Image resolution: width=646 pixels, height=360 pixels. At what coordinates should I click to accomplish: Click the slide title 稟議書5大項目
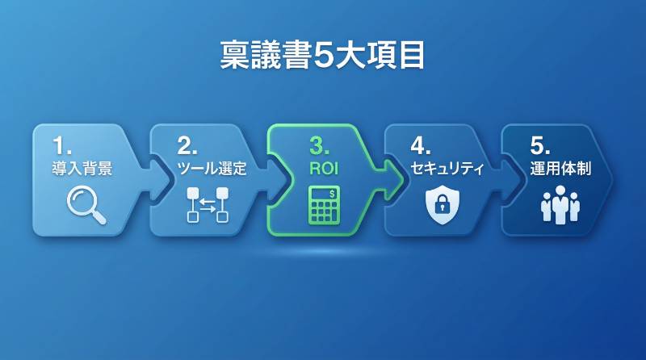323,56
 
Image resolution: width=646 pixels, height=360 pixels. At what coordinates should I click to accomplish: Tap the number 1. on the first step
62,145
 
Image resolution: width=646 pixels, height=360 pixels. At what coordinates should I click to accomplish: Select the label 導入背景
82,170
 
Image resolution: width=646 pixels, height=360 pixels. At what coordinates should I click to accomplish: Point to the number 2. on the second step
187,145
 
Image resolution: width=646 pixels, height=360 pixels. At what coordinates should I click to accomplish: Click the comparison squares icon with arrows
208,204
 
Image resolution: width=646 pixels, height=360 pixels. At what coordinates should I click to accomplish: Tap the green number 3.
321,145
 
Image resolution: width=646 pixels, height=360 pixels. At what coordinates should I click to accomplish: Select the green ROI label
323,170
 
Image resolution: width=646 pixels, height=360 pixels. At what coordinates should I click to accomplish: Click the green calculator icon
324,205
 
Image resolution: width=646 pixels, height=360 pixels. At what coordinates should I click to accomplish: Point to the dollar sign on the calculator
333,192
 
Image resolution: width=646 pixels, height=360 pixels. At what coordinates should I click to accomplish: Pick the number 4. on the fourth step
421,145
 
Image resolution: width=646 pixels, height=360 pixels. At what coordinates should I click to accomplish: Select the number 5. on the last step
540,145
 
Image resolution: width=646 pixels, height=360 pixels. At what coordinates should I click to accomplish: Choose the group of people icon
560,205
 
